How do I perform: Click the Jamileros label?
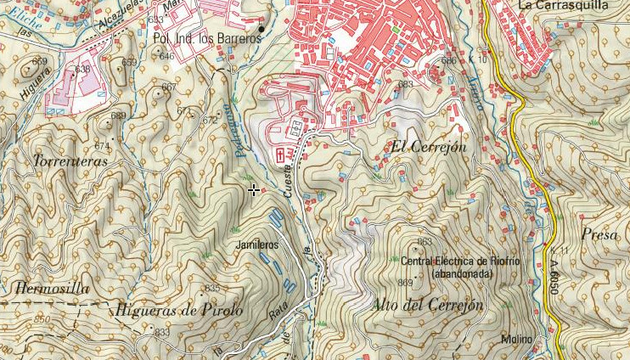click(257, 245)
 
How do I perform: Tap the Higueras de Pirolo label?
click(181, 310)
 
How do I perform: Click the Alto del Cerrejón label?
click(428, 305)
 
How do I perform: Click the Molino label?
click(516, 340)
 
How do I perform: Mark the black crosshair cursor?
click(254, 190)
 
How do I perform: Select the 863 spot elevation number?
click(425, 242)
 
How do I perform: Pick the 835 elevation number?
click(212, 289)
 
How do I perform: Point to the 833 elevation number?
click(161, 332)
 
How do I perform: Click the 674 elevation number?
click(102, 146)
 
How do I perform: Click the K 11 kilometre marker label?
click(558, 251)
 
